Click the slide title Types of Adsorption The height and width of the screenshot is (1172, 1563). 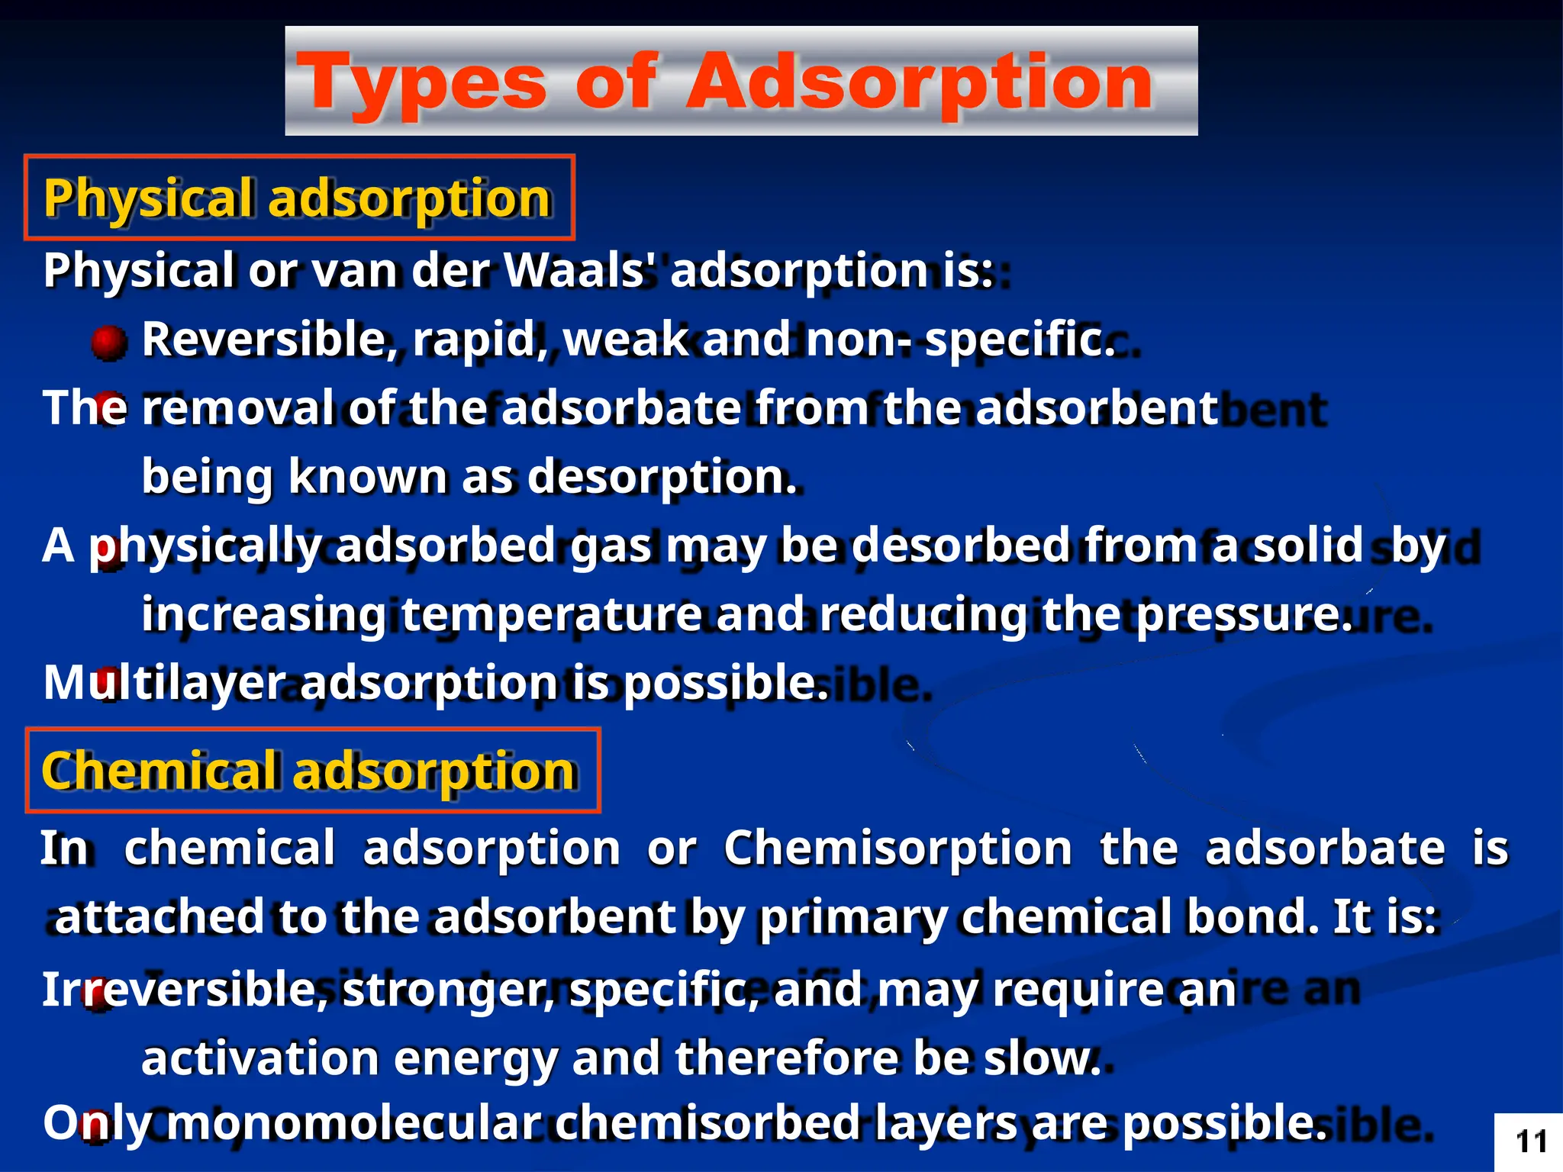pyautogui.click(x=725, y=82)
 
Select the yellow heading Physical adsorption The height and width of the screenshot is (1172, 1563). pyautogui.click(x=298, y=198)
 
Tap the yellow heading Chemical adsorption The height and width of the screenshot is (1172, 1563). pyautogui.click(x=309, y=771)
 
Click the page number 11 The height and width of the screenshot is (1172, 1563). pyautogui.click(x=1531, y=1142)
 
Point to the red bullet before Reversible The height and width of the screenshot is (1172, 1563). pyautogui.click(x=108, y=342)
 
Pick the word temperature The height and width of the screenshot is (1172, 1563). pyautogui.click(x=551, y=614)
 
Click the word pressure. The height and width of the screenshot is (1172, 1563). pyautogui.click(x=1243, y=614)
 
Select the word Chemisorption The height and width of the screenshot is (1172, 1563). pyautogui.click(x=898, y=848)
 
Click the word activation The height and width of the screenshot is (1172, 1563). pyautogui.click(x=259, y=1058)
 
